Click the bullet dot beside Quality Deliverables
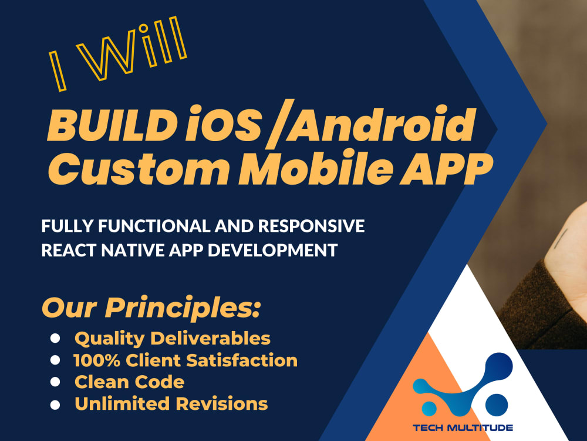[x=55, y=338]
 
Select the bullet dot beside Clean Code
[x=55, y=382]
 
